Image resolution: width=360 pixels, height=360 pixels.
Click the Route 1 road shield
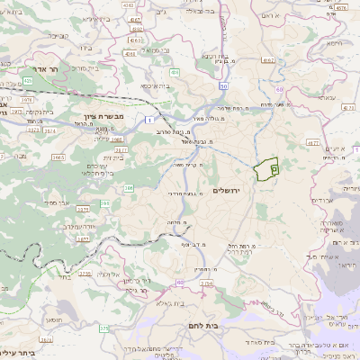[x=146, y=119]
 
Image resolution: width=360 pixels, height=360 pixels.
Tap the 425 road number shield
[x=30, y=80]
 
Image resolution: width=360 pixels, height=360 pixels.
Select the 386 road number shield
[x=129, y=187]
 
